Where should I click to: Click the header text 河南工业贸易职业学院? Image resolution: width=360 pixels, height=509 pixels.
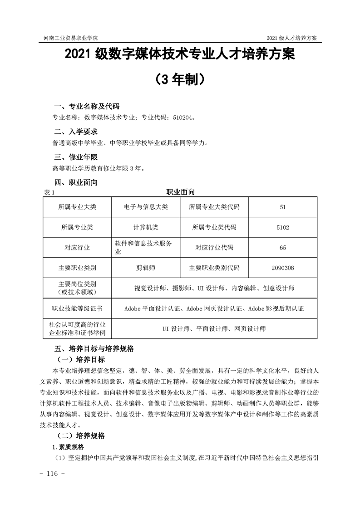coord(69,37)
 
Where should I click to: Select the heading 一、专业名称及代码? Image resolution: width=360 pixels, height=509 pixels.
coord(87,107)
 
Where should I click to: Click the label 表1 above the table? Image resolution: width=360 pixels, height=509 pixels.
coord(49,192)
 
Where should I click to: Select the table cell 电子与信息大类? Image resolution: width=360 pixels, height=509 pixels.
coord(146,207)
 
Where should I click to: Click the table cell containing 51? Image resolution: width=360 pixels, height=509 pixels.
coord(283,207)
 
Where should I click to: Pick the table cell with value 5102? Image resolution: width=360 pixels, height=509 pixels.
coord(283,227)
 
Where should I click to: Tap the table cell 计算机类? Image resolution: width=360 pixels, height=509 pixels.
coord(146,227)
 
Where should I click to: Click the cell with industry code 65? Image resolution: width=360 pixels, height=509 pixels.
coord(283,248)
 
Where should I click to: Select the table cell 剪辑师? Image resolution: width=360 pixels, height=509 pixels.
coord(146,268)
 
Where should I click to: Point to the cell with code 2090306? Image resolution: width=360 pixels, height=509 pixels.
coord(283,268)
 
